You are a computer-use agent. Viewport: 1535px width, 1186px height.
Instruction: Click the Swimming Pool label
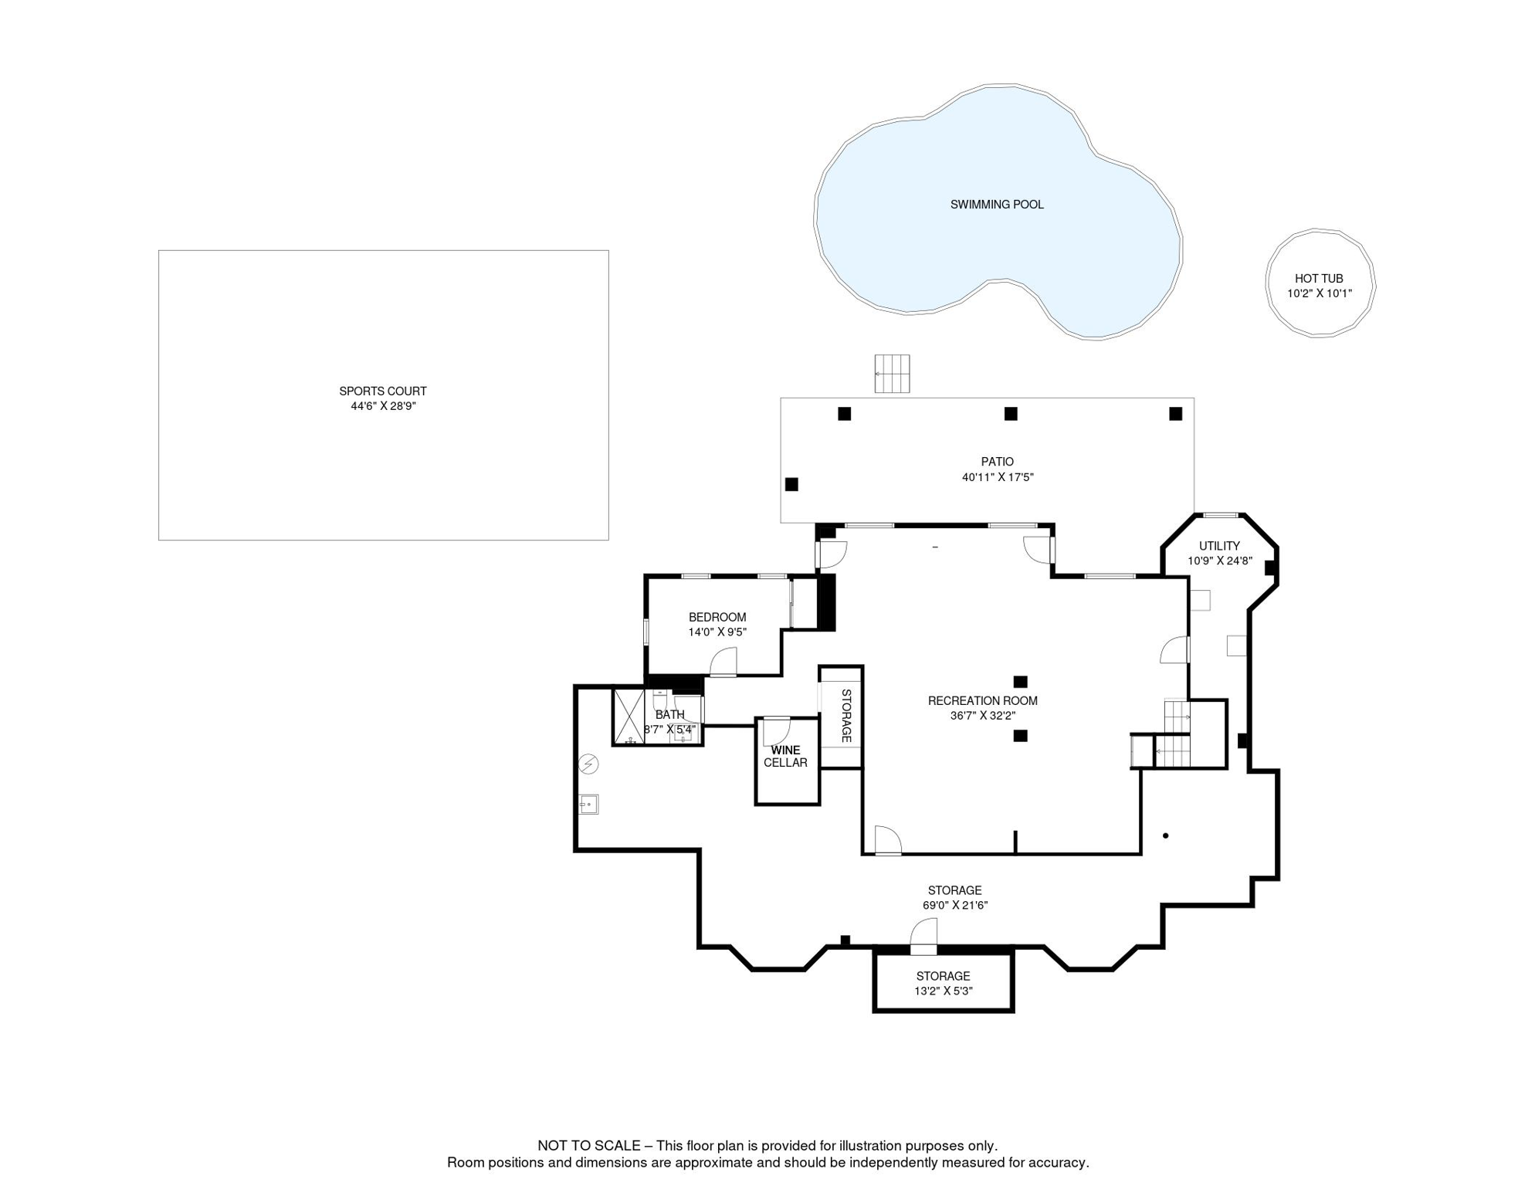997,205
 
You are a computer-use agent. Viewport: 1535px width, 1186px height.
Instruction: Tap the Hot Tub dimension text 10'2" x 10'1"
1320,293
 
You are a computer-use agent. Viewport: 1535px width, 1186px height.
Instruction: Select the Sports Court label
383,391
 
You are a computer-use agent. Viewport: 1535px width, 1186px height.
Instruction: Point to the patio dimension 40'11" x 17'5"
998,477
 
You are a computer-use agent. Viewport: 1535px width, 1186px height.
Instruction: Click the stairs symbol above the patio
892,374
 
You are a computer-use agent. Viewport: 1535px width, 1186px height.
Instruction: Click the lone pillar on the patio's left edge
791,484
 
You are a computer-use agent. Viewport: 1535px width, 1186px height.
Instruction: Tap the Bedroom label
717,617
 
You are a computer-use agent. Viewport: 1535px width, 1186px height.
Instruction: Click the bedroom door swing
723,662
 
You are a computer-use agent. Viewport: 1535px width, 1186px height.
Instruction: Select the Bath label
669,715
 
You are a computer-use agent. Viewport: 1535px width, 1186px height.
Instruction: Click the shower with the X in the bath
629,717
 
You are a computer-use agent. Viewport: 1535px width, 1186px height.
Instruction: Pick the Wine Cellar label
785,756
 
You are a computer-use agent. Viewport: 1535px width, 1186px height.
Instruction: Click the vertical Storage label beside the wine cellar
845,716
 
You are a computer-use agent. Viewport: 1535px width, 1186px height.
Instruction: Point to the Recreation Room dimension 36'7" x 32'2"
982,716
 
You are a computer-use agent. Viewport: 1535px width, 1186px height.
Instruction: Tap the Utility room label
1219,546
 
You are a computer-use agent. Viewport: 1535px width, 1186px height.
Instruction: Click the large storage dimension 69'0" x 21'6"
955,905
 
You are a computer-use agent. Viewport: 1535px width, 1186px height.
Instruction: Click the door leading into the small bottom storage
923,936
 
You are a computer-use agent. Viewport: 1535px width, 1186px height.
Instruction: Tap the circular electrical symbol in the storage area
588,764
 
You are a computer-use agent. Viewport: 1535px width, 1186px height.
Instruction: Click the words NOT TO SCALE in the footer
589,1146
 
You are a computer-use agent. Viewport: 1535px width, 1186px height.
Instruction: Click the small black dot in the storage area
1166,835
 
